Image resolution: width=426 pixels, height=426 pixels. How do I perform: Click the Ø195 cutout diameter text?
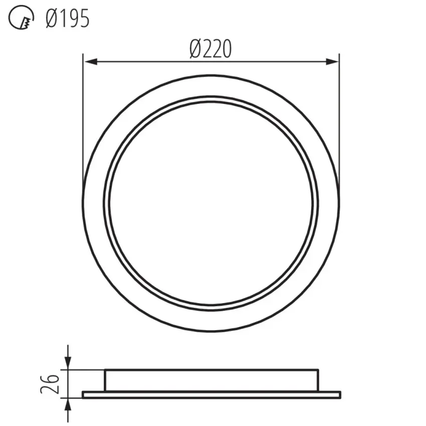67,19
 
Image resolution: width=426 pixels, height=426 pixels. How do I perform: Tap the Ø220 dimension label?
210,49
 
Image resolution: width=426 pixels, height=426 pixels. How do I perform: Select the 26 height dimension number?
50,384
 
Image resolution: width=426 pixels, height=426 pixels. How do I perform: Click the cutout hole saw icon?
21,18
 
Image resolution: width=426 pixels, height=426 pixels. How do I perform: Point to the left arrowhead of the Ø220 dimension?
91,62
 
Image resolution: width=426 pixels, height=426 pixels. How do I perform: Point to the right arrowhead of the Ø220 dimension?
332,62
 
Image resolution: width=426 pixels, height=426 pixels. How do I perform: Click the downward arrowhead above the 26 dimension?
68,363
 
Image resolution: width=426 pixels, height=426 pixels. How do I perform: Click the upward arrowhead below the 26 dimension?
68,405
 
